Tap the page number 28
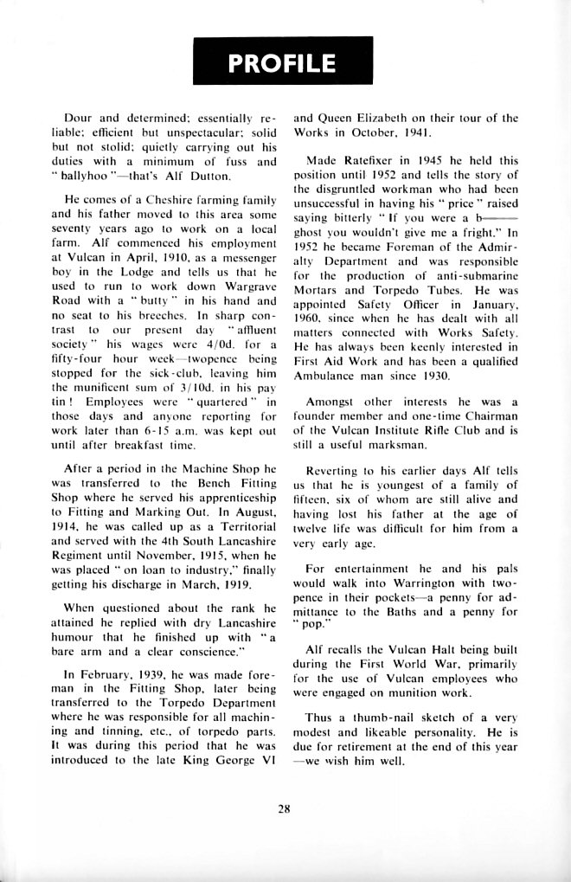pyautogui.click(x=284, y=809)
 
